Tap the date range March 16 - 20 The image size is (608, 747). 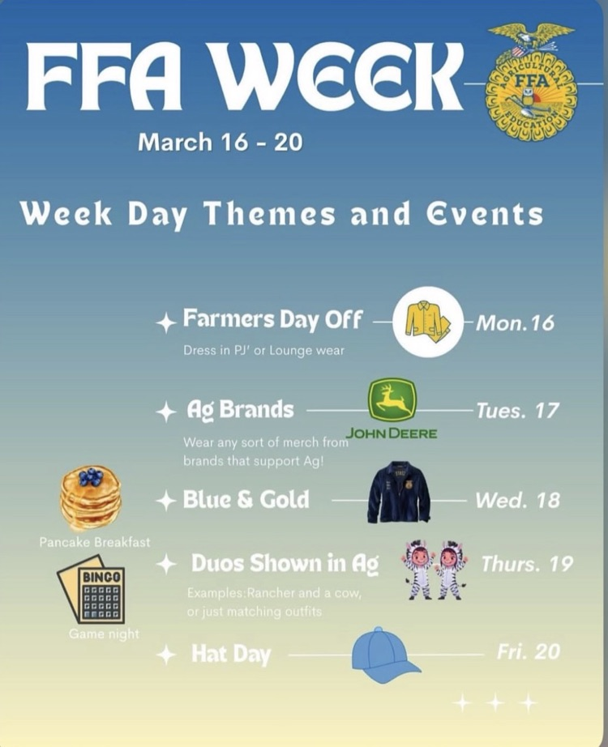click(x=220, y=143)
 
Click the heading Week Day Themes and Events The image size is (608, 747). click(x=281, y=214)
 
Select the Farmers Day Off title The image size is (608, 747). click(x=272, y=318)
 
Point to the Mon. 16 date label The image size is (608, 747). click(x=515, y=322)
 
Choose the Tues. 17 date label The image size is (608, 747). click(x=517, y=410)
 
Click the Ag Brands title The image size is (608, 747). click(x=240, y=409)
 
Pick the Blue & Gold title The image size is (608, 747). click(x=246, y=499)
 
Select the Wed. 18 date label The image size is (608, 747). click(x=517, y=500)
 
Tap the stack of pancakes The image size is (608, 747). click(x=91, y=497)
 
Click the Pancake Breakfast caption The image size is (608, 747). click(x=95, y=542)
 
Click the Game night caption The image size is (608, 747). click(x=104, y=634)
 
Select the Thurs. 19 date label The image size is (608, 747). click(x=527, y=563)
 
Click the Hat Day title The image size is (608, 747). click(x=230, y=654)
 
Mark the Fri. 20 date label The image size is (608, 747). click(x=528, y=651)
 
